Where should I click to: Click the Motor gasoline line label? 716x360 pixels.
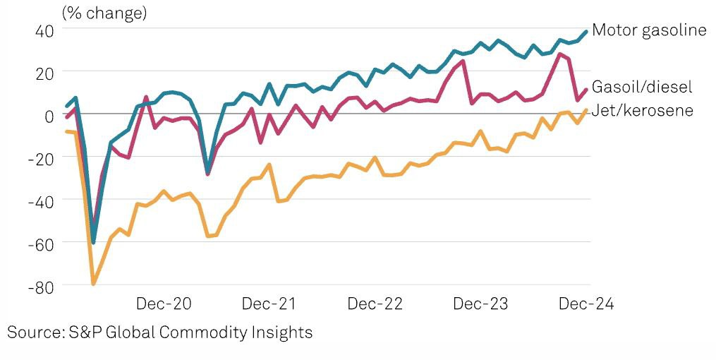(649, 30)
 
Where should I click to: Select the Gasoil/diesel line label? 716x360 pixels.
(642, 87)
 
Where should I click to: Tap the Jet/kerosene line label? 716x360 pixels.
(642, 110)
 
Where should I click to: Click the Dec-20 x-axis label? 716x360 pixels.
(163, 304)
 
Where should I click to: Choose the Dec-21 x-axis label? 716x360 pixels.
(269, 304)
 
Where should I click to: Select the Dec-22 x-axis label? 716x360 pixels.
(375, 304)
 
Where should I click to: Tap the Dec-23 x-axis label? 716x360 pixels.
(480, 304)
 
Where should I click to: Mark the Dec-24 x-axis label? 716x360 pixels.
(586, 304)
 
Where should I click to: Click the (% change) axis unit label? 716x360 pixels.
(104, 13)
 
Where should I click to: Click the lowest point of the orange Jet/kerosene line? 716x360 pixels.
(93, 284)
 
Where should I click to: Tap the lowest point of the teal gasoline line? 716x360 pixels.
(93, 242)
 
